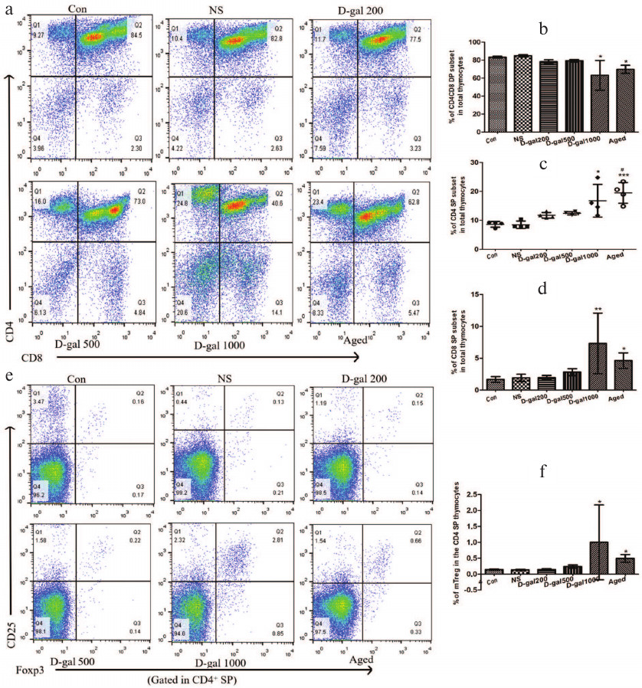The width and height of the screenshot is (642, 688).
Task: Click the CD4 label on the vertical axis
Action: pos(10,331)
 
